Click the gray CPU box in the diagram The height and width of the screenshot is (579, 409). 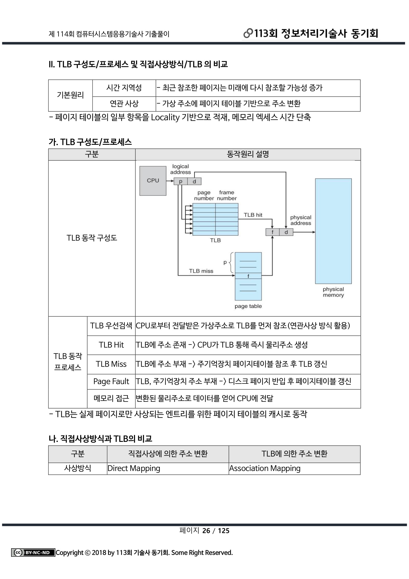pos(153,180)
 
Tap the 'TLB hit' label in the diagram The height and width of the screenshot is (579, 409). pos(253,215)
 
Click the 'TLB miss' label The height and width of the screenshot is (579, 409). pos(201,271)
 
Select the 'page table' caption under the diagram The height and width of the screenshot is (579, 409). pos(248,306)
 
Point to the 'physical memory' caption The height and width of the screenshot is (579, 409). pos(333,292)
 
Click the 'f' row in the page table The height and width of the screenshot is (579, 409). pos(248,276)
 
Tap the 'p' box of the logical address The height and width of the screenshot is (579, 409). pos(181,181)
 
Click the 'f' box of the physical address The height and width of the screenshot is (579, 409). pos(272,232)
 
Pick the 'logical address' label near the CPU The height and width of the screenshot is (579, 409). pos(180,169)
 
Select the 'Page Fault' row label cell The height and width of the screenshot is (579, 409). pos(111,381)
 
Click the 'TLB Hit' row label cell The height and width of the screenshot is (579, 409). pos(111,345)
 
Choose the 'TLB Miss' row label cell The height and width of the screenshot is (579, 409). pos(111,364)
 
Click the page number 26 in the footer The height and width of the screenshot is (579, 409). pos(206,531)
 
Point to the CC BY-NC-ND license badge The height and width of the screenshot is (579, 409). pos(33,553)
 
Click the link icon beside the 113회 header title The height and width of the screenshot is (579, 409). pos(248,33)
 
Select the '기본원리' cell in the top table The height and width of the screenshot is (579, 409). pos(70,95)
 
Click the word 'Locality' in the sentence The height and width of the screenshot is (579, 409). pos(165,117)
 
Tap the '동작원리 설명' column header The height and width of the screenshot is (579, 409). pos(248,154)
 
